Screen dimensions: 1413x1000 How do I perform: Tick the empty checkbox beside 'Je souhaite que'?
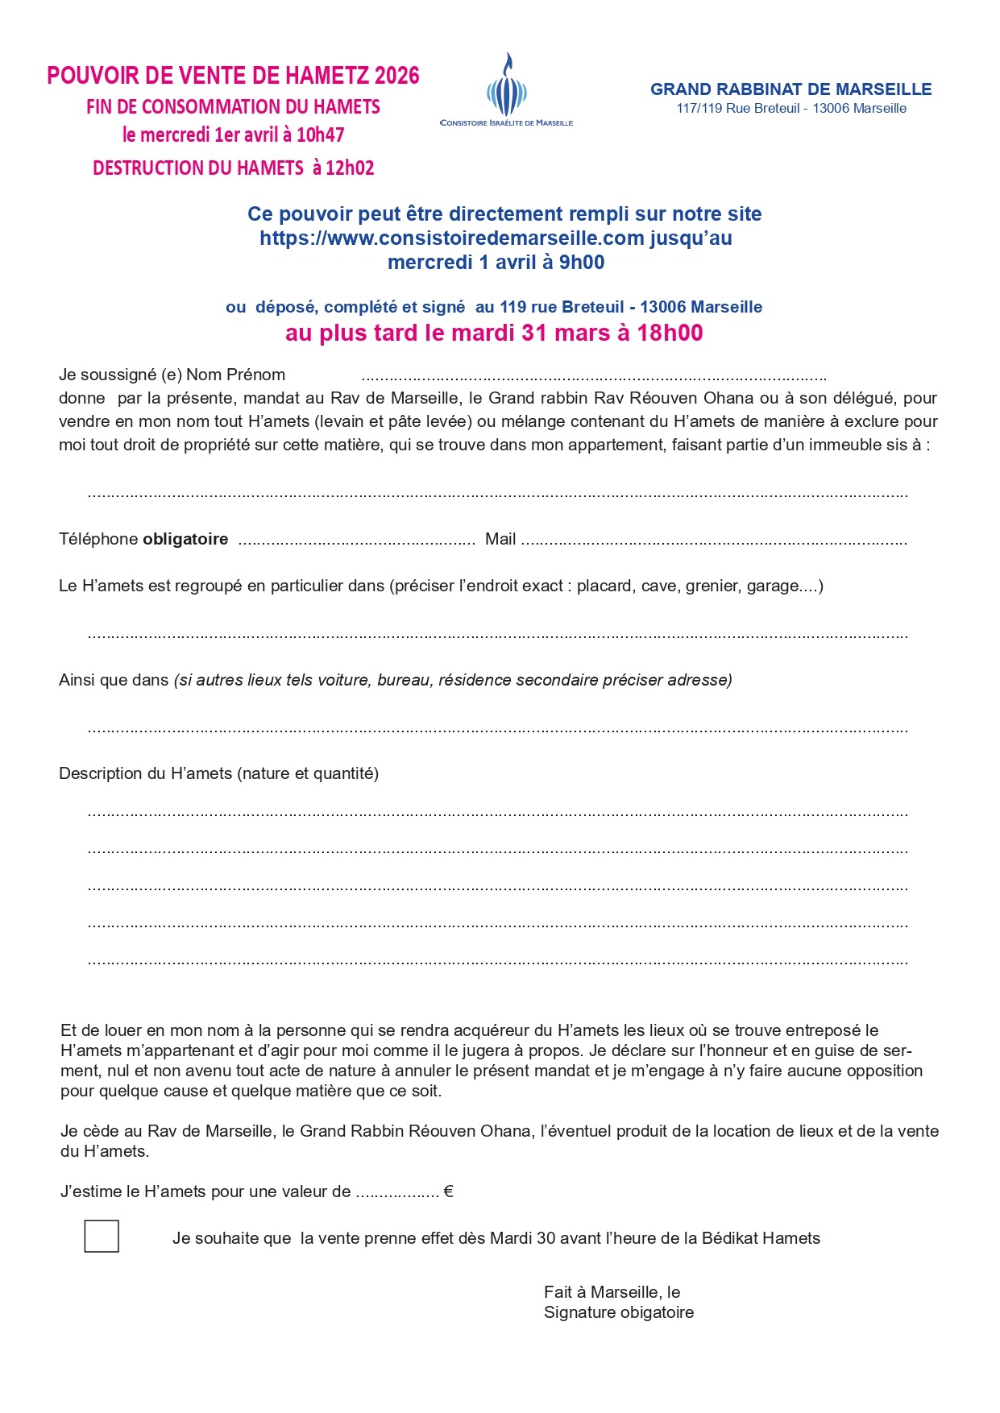[102, 1236]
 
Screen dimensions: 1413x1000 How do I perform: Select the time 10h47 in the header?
[320, 135]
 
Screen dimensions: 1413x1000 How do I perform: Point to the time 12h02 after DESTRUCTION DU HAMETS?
[350, 168]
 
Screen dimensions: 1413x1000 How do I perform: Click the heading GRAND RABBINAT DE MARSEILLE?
[790, 89]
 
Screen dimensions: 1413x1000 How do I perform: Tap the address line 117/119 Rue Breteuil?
[790, 109]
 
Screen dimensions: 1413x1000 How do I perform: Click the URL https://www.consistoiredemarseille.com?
[451, 238]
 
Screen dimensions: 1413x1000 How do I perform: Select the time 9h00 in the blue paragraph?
[582, 263]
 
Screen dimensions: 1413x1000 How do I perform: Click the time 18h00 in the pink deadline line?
[670, 333]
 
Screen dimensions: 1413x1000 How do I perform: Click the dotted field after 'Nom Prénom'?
[594, 376]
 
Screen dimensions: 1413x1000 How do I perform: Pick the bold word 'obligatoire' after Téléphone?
[185, 540]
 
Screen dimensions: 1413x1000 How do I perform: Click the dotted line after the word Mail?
[713, 541]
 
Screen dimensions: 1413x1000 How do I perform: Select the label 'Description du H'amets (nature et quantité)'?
[218, 774]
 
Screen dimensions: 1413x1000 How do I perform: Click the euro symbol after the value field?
[449, 1191]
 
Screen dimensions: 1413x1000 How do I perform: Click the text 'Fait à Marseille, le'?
[612, 1292]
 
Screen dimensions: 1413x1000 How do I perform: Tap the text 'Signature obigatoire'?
[618, 1312]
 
